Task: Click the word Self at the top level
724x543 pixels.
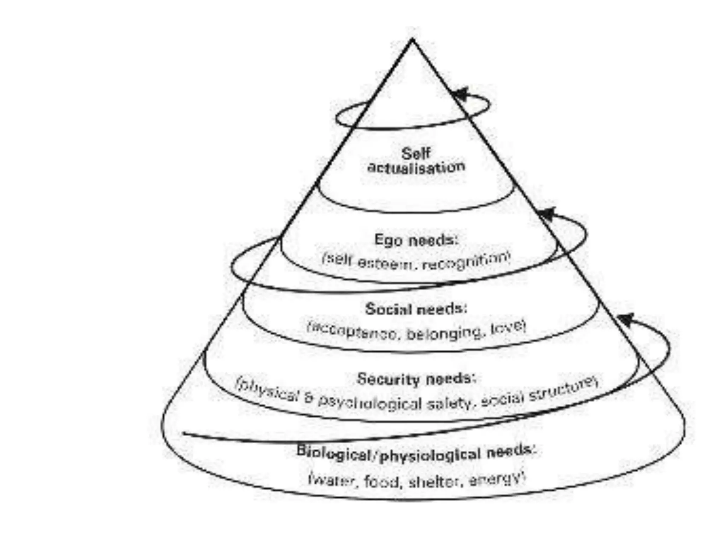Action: tap(416, 154)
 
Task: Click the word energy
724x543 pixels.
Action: tap(495, 479)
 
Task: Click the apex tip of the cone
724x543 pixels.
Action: tap(412, 40)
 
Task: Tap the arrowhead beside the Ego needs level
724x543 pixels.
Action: tap(547, 214)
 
